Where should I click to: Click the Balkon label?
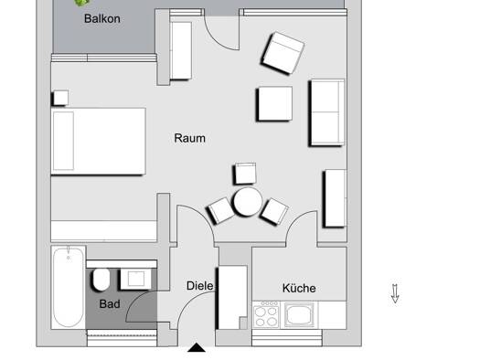click(x=101, y=18)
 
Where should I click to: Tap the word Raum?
click(x=190, y=138)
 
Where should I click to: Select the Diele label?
click(x=200, y=286)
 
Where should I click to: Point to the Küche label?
click(x=299, y=288)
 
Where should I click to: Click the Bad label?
click(x=110, y=303)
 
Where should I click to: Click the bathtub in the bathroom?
click(x=69, y=287)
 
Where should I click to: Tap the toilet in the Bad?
click(x=101, y=280)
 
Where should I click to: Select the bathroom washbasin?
click(x=135, y=279)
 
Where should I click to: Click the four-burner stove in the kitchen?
click(x=266, y=314)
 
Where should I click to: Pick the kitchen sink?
click(x=299, y=314)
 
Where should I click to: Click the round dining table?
click(x=248, y=202)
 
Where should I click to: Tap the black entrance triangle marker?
click(x=197, y=348)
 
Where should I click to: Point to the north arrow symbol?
click(x=395, y=293)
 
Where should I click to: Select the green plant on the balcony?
click(x=81, y=3)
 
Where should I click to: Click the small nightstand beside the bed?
click(x=60, y=98)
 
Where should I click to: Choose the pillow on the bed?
click(x=63, y=141)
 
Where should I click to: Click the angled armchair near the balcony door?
click(x=283, y=53)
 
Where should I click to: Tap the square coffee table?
click(x=275, y=103)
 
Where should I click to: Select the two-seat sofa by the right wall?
click(x=327, y=112)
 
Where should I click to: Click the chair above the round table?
click(x=246, y=174)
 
